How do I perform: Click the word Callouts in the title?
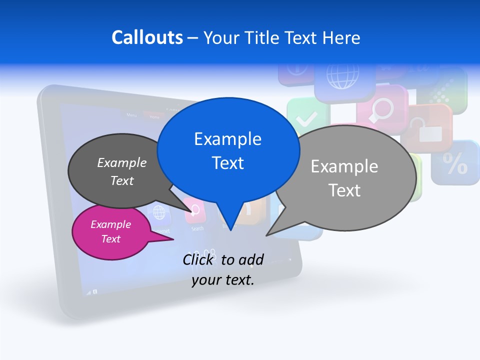[x=147, y=37]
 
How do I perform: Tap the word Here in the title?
[x=342, y=37]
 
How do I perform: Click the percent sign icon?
[x=455, y=164]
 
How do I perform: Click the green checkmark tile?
[x=306, y=118]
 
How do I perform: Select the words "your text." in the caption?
[x=223, y=280]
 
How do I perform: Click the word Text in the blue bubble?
[x=228, y=162]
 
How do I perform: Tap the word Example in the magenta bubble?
[x=110, y=224]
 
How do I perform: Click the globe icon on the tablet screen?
[x=159, y=213]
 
